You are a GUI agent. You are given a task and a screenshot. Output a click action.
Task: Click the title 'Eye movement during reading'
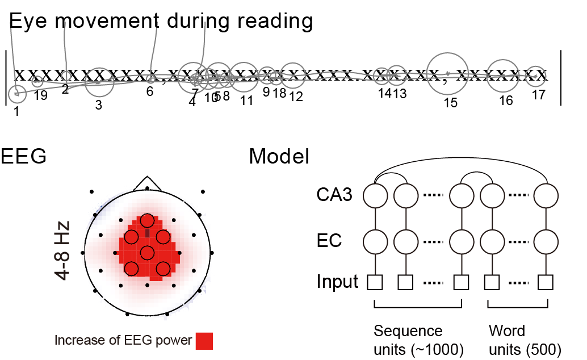point(161,22)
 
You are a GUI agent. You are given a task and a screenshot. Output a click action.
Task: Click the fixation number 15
point(450,103)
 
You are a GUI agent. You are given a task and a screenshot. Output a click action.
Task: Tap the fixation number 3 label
point(99,104)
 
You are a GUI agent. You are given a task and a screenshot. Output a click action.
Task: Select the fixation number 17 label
point(538,95)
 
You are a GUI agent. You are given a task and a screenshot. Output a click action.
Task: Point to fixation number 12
point(296,97)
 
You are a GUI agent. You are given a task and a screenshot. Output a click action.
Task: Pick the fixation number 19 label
point(40,95)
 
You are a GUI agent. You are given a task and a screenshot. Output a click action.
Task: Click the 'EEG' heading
point(23,156)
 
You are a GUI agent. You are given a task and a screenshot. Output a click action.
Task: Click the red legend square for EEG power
point(204,341)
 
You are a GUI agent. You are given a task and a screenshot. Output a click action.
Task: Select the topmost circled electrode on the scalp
point(148,220)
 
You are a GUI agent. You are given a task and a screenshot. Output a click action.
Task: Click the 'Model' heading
point(279,156)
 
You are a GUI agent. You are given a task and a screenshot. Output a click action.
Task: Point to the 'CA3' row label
point(334,196)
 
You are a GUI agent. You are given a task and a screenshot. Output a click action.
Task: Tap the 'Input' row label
point(337,282)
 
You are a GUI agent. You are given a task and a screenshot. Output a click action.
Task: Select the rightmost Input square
point(546,282)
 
